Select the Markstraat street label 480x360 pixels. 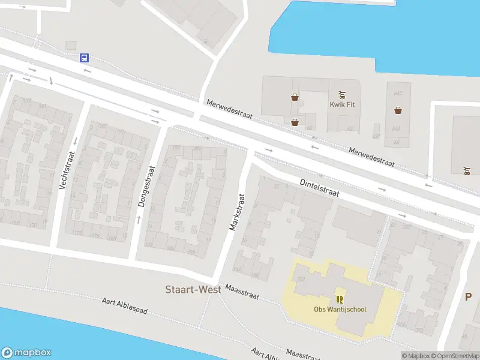tap(238, 212)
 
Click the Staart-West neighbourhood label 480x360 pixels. tap(193, 290)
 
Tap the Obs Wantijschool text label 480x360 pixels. tap(340, 310)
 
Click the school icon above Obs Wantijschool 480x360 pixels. tap(340, 299)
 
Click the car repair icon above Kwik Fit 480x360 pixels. tap(342, 94)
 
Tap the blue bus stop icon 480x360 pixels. tap(84, 58)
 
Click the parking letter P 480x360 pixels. tap(468, 296)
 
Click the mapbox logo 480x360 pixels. tap(26, 353)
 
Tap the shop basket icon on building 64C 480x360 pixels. tap(398, 110)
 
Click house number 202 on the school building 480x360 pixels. tap(300, 279)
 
